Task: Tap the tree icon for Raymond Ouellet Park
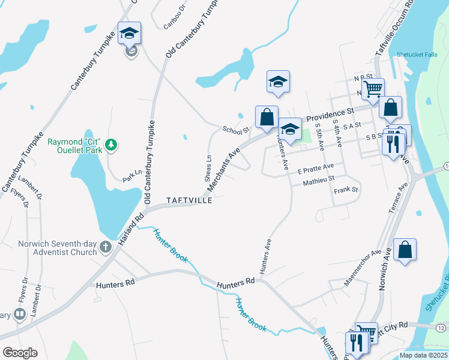(x=110, y=145)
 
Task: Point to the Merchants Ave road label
(x=223, y=170)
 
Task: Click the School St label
(x=235, y=130)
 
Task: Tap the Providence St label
(x=328, y=114)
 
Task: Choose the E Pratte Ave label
(x=315, y=167)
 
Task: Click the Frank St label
(x=346, y=190)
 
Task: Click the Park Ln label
(x=131, y=176)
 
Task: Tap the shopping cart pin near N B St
(x=373, y=89)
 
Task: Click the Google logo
(x=20, y=353)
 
